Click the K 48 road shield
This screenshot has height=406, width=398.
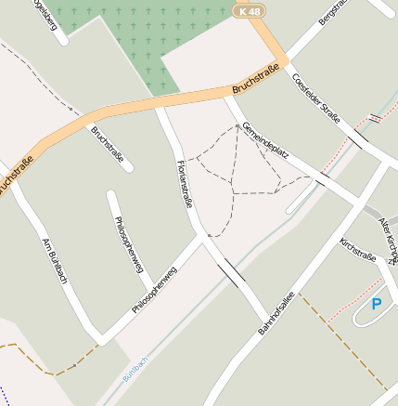(x=249, y=11)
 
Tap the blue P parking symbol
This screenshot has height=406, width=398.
(x=376, y=303)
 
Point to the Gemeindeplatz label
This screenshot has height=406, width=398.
(x=263, y=142)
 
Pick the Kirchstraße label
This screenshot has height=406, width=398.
(x=357, y=250)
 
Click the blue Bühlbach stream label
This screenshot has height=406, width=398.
(x=135, y=370)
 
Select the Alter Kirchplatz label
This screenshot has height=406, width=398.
(x=388, y=237)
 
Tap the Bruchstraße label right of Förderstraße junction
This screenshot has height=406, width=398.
(x=255, y=85)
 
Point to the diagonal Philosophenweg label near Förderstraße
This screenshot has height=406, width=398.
(x=154, y=290)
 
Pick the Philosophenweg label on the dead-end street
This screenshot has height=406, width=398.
(x=128, y=243)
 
